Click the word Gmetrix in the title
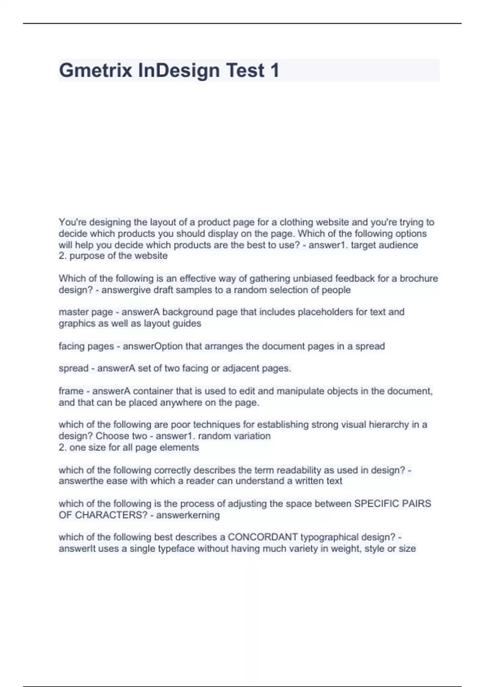[95, 70]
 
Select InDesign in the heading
[179, 70]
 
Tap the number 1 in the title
[274, 70]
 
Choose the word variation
[251, 436]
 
